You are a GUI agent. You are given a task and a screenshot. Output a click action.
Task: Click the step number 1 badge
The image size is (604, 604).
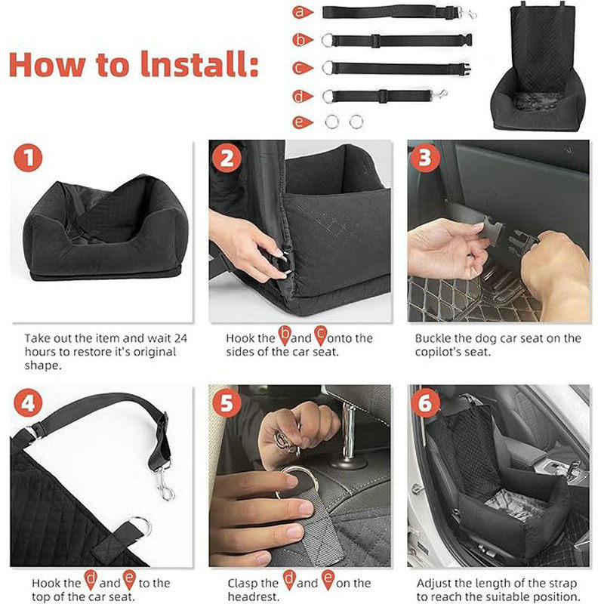pos(28,158)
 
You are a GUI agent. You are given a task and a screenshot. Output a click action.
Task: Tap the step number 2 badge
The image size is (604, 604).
pos(227,158)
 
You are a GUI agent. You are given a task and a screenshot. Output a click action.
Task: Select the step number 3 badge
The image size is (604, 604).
pos(425,158)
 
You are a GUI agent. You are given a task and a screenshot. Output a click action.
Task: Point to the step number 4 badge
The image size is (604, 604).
pos(28,403)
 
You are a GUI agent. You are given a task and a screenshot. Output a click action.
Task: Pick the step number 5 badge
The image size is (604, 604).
pos(227,403)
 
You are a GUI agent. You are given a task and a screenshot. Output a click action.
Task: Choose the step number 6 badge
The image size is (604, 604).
pos(425,403)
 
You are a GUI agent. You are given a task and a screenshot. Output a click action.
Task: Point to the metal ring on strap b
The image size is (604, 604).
pos(327,40)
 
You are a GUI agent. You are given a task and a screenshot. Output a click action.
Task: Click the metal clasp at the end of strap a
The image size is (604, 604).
pos(467,14)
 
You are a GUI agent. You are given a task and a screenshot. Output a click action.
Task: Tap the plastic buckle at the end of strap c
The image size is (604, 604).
pos(464,69)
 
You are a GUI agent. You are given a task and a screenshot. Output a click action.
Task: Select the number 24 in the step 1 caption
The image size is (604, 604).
pos(180,338)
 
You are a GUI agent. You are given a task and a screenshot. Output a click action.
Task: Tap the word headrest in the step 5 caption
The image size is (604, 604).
pos(252,596)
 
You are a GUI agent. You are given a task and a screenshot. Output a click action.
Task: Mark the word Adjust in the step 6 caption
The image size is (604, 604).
pos(435,584)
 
